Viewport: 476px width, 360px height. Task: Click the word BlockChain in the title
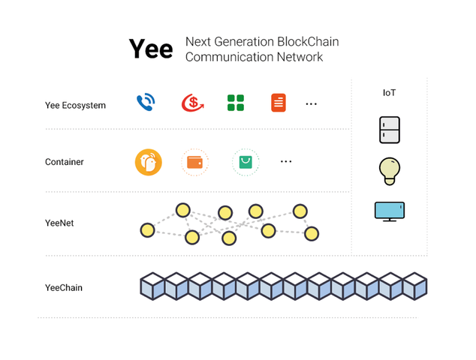click(x=305, y=41)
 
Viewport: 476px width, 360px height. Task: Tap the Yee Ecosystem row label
click(x=75, y=105)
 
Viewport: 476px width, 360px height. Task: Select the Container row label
click(x=65, y=162)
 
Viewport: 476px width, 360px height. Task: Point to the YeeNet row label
click(x=59, y=223)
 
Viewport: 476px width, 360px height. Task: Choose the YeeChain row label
click(x=64, y=287)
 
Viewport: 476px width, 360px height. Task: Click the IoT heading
click(x=389, y=93)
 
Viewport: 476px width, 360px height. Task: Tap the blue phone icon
click(x=145, y=103)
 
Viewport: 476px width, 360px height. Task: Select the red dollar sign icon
click(x=191, y=103)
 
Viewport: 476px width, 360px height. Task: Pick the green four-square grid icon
click(x=236, y=103)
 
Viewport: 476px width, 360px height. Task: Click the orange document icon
click(x=279, y=103)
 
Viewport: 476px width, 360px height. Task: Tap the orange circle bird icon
click(x=149, y=162)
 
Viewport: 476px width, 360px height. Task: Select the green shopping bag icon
click(x=246, y=162)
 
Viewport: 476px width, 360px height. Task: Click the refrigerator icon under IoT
click(x=389, y=130)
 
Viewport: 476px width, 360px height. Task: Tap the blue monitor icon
click(x=389, y=211)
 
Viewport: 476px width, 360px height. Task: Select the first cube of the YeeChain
click(x=152, y=286)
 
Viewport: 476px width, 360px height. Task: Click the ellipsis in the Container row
click(x=286, y=161)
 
